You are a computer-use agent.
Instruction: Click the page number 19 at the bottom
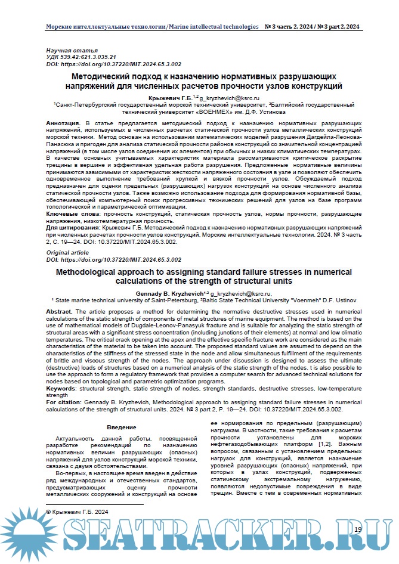[357, 529]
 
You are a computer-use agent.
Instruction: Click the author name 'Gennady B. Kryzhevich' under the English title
[172, 294]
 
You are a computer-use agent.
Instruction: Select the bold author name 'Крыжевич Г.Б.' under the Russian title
[170, 97]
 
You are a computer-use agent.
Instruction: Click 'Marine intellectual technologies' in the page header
[214, 27]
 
